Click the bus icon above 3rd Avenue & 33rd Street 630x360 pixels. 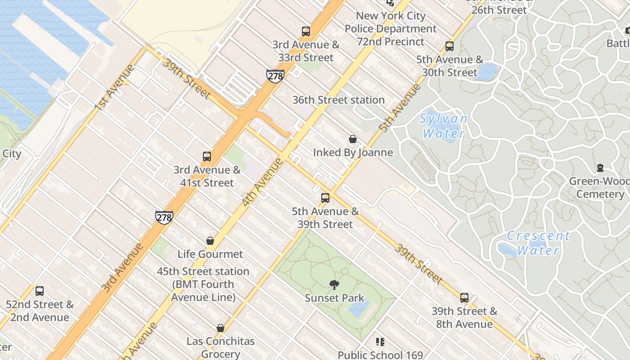tap(306, 31)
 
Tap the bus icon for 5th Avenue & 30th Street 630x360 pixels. tap(449, 46)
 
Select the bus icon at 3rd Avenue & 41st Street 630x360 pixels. tap(207, 157)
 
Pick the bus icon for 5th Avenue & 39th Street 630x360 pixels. tap(325, 198)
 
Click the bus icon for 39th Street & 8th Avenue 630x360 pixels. tap(464, 298)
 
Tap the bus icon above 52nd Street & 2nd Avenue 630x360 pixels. tap(40, 291)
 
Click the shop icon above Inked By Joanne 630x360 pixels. tap(353, 139)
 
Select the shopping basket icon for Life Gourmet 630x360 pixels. tap(210, 241)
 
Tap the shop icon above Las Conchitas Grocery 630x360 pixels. tap(220, 328)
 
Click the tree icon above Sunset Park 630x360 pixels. tap(334, 284)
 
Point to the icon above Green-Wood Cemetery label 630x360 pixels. tap(600, 168)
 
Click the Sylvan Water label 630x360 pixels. tap(443, 126)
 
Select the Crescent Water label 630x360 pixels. tap(538, 243)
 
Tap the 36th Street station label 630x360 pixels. tap(338, 100)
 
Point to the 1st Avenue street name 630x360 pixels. tap(115, 88)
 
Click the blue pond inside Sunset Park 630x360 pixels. tap(359, 307)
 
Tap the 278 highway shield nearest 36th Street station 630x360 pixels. tap(275, 76)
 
